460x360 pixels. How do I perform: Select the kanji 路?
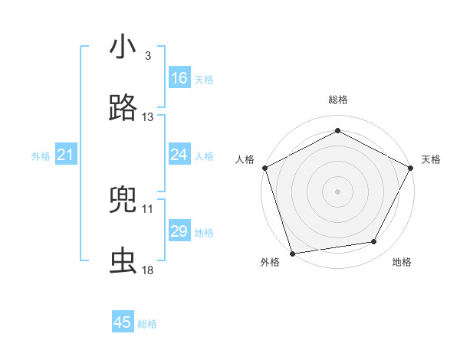123,109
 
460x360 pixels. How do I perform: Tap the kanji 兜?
123,201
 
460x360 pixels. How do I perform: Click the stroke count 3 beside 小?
147,56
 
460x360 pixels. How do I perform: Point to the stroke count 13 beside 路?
148,117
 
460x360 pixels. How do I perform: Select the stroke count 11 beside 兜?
148,208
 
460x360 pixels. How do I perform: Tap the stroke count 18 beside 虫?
148,270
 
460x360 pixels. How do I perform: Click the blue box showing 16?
179,78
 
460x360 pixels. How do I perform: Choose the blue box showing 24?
179,155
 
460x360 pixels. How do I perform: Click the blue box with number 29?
179,231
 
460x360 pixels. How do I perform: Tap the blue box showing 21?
66,155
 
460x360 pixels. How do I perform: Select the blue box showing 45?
123,322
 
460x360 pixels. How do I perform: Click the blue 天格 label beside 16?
204,79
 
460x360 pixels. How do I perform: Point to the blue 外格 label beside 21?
41,156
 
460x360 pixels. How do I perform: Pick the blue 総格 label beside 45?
147,324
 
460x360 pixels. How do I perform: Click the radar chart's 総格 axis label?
338,100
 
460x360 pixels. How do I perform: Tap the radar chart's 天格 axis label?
431,159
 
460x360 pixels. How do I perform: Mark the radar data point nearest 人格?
265,167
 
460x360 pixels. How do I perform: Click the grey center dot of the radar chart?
338,191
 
